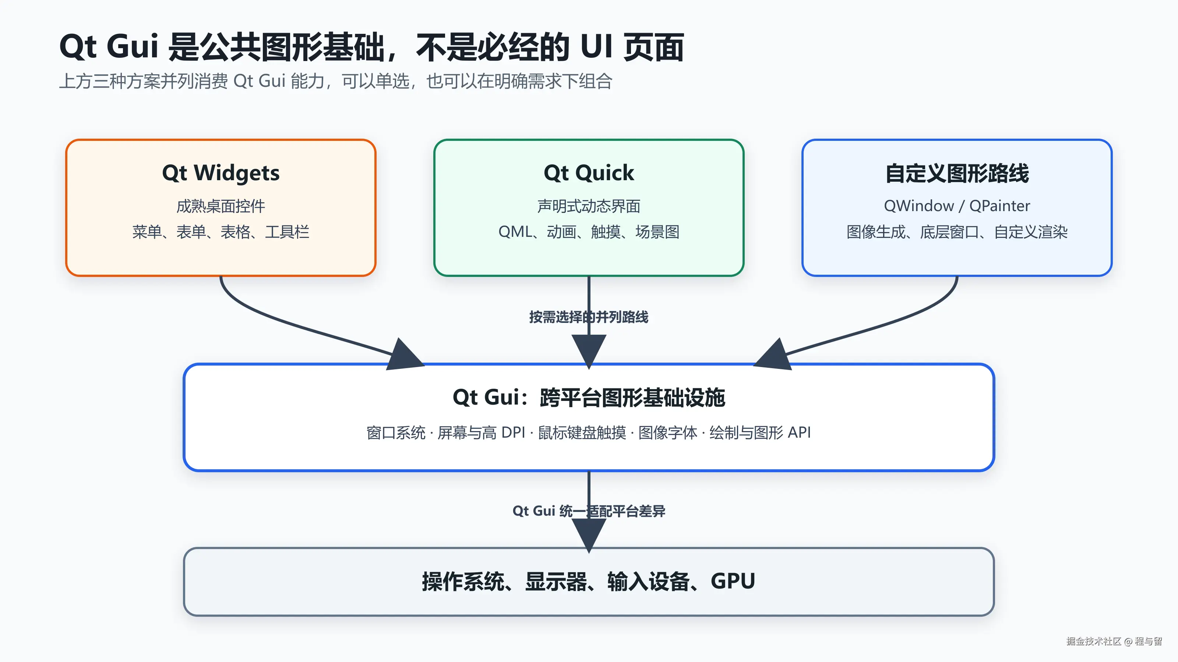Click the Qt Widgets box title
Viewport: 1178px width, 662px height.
click(x=221, y=173)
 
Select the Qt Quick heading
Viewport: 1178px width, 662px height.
click(x=589, y=173)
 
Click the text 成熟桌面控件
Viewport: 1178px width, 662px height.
click(x=221, y=206)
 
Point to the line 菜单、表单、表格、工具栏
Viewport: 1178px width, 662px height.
click(x=221, y=232)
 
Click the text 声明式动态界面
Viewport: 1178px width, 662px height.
click(x=589, y=206)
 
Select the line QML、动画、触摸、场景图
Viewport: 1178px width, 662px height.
click(x=589, y=232)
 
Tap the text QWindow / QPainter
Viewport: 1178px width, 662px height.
click(x=957, y=206)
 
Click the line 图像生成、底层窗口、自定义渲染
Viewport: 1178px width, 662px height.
click(x=957, y=232)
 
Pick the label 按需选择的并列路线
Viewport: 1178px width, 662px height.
click(x=589, y=317)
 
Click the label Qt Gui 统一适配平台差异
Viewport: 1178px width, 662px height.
click(x=589, y=511)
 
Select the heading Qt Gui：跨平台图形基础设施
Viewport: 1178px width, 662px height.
click(x=589, y=398)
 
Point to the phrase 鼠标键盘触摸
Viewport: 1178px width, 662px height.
click(x=582, y=433)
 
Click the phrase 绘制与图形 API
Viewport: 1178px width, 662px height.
click(x=760, y=433)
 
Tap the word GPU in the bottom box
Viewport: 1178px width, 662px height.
click(x=733, y=581)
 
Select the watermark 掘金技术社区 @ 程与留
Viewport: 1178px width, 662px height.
click(x=1114, y=641)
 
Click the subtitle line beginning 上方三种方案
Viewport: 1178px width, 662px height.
click(x=336, y=81)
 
